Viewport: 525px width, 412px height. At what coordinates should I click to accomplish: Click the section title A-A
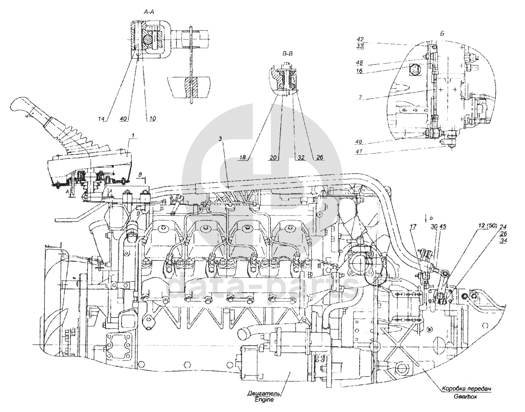pos(149,12)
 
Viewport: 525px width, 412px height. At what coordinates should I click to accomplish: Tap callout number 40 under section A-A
pos(123,119)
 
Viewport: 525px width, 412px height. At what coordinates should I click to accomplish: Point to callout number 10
pos(153,119)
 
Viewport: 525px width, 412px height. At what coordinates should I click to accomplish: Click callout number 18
pos(243,157)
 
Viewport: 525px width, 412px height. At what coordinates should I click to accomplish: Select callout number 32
pos(301,157)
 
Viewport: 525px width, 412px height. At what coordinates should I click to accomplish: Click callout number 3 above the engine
pos(220,139)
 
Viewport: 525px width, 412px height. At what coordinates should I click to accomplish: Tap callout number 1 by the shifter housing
pos(133,135)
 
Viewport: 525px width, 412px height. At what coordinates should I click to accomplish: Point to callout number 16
pos(360,71)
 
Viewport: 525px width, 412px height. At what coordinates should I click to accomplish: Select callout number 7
pos(360,98)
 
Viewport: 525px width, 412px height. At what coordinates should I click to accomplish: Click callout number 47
pos(360,151)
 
